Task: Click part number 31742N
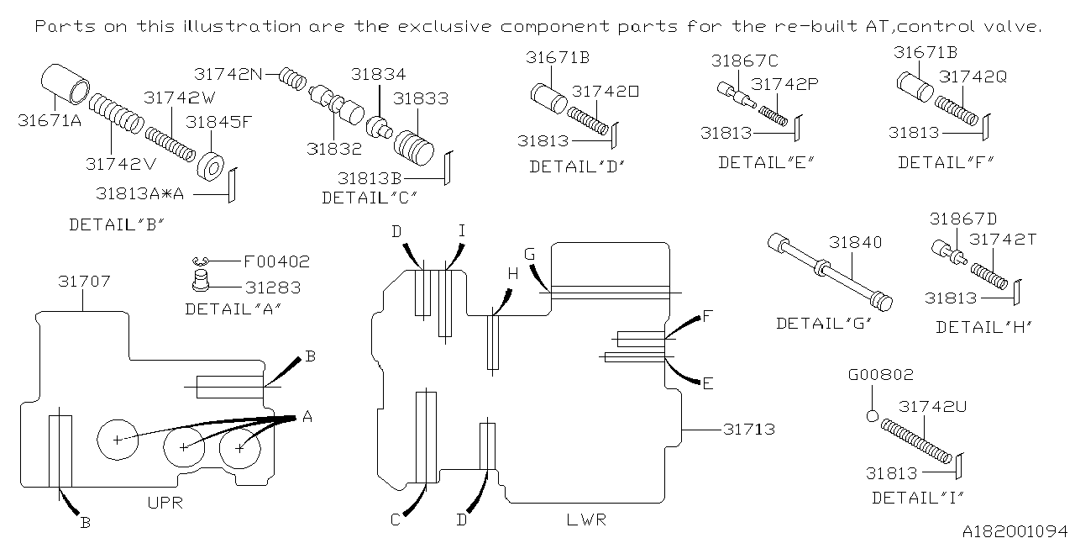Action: tap(226, 74)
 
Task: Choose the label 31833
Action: tap(421, 98)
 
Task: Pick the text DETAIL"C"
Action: tap(370, 198)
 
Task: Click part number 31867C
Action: tap(744, 61)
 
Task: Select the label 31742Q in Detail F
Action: tap(973, 76)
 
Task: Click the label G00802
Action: tap(880, 375)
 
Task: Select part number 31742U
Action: tap(933, 406)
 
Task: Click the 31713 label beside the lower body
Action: tap(748, 430)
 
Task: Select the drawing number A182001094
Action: tap(1015, 530)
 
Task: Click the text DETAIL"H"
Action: tap(983, 327)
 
